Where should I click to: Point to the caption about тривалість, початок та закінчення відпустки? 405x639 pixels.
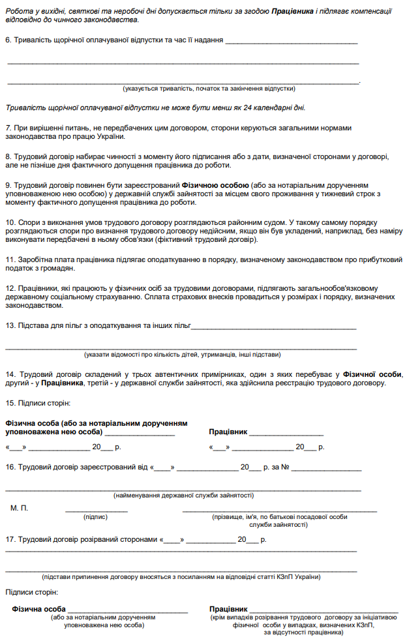click(x=209, y=89)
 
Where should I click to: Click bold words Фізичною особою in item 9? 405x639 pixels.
click(x=215, y=185)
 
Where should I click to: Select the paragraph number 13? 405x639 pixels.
click(x=10, y=325)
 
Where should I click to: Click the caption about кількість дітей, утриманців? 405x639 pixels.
click(x=182, y=355)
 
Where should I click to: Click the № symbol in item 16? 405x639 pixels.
click(x=285, y=467)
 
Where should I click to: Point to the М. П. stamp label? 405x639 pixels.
click(x=20, y=507)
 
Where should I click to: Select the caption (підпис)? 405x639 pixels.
click(x=95, y=516)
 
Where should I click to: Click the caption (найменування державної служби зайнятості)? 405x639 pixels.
click(x=183, y=496)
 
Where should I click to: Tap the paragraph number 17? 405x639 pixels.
click(x=10, y=540)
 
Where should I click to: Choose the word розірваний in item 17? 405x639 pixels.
click(x=113, y=540)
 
